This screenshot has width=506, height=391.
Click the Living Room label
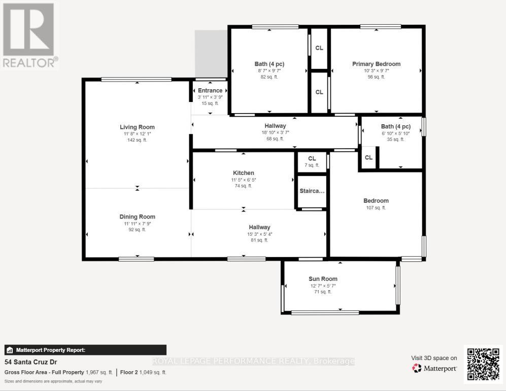pyautogui.click(x=137, y=127)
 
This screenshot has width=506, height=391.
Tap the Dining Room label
pyautogui.click(x=137, y=217)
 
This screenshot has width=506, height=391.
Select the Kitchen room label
pyautogui.click(x=243, y=173)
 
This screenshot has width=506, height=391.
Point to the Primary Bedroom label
pyautogui.click(x=376, y=64)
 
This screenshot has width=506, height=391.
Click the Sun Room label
pyautogui.click(x=323, y=278)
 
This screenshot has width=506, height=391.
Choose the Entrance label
pyautogui.click(x=210, y=90)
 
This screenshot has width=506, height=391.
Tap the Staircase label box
pyautogui.click(x=312, y=191)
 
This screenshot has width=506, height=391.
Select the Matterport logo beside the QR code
pyautogui.click(x=434, y=368)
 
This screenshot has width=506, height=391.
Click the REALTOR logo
pyautogui.click(x=29, y=35)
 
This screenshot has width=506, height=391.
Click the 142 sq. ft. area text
pyautogui.click(x=137, y=140)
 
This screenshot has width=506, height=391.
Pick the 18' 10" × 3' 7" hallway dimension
pyautogui.click(x=275, y=132)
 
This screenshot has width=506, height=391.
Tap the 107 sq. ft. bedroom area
pyautogui.click(x=376, y=207)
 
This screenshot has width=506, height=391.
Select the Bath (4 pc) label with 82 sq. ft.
pyautogui.click(x=269, y=64)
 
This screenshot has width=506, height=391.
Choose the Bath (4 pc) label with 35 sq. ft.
pyautogui.click(x=395, y=126)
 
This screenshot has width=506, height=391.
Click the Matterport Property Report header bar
pyautogui.click(x=85, y=350)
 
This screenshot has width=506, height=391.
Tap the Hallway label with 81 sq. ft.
pyautogui.click(x=259, y=227)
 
